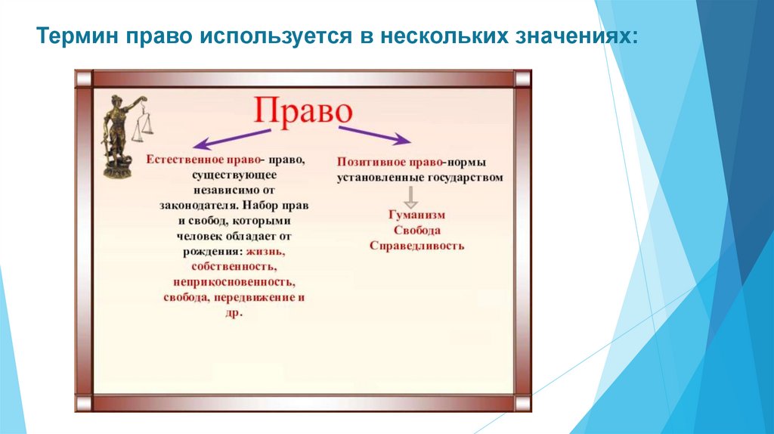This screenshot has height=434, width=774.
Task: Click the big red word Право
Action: [x=303, y=112]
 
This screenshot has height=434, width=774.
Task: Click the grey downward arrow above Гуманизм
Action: [x=410, y=197]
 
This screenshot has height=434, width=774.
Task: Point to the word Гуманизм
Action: [x=416, y=215]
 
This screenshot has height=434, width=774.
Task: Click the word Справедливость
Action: [x=416, y=246]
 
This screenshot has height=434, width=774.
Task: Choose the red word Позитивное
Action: [x=371, y=162]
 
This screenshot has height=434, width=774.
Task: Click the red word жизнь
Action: [x=265, y=251]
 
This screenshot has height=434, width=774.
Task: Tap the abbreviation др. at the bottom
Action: [x=234, y=313]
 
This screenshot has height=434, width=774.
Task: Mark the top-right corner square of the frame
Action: [x=522, y=79]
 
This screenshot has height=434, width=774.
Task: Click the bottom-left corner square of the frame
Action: [x=84, y=404]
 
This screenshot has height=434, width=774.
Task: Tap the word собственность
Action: [x=234, y=267]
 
